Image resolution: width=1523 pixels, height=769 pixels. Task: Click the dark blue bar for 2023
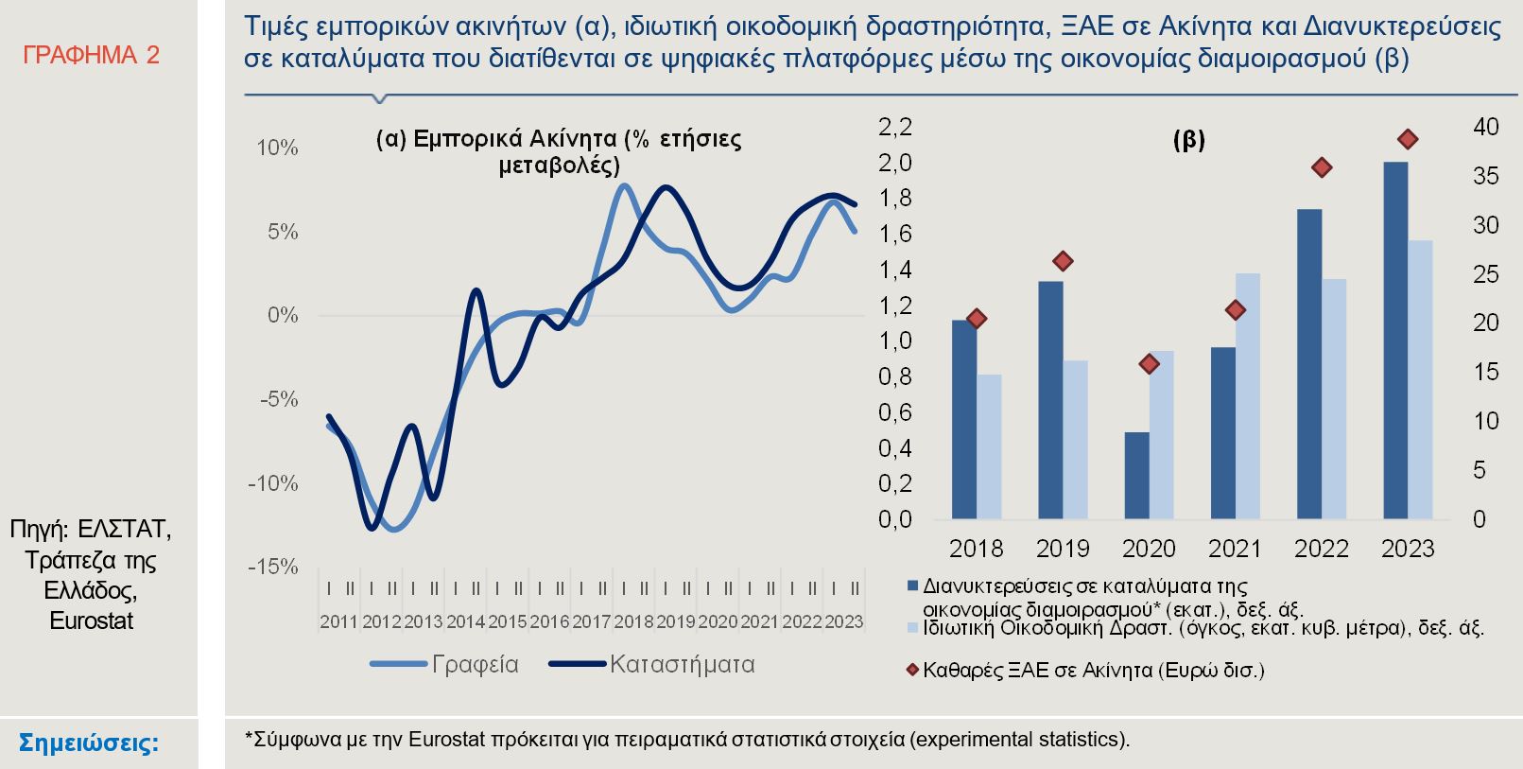[x=1395, y=341]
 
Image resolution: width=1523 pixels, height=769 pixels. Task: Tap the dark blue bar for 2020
[x=1136, y=475]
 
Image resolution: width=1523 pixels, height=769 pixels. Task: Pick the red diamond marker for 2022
[x=1322, y=167]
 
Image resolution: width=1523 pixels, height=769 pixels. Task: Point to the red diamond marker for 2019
[x=1063, y=261]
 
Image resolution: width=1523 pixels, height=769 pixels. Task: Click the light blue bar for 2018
[x=989, y=446]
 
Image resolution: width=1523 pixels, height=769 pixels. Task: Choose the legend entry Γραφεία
[x=444, y=665]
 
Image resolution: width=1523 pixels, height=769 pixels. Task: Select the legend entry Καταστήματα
[x=652, y=665]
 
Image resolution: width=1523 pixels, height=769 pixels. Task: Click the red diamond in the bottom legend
[x=912, y=671]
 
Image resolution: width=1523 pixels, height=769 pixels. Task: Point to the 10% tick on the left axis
[x=277, y=149]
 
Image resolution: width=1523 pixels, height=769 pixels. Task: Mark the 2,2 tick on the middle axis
[x=894, y=128]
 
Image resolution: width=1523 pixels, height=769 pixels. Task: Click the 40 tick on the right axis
[x=1485, y=128]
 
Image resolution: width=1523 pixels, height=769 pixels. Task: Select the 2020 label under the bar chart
[x=1148, y=549]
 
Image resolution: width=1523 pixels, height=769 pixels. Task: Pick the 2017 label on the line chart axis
[x=591, y=622]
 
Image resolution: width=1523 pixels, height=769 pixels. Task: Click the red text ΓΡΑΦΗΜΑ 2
[x=91, y=56]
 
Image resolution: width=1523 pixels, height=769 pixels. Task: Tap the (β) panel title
[x=1188, y=140]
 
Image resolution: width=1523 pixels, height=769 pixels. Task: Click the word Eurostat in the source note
[x=91, y=621]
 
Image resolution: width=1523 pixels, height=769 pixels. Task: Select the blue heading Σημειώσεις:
[x=89, y=743]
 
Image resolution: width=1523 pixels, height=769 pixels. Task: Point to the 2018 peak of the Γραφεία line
[x=623, y=185]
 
